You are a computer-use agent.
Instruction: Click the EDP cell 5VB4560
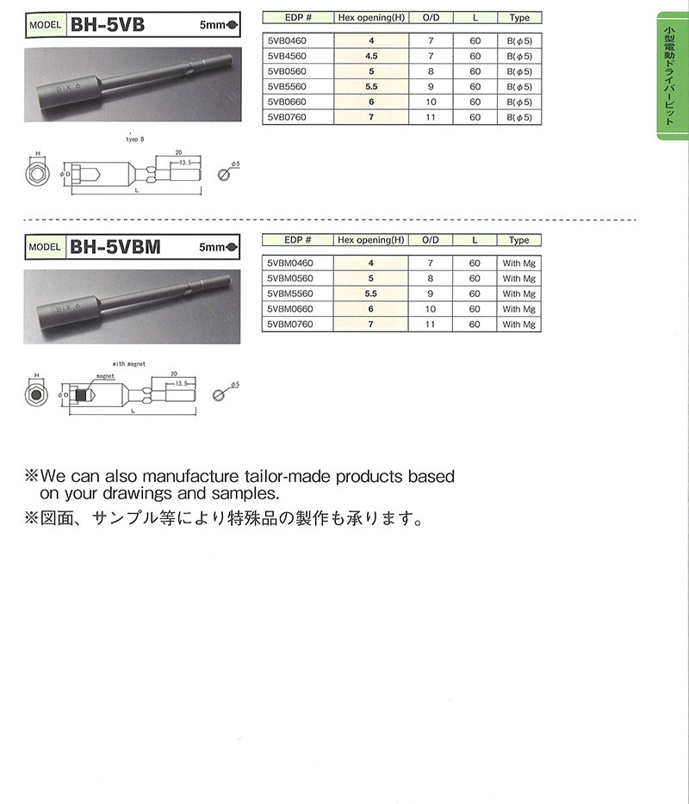[287, 56]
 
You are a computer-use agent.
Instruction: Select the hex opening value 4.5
[371, 56]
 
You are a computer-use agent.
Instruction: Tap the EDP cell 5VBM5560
[290, 294]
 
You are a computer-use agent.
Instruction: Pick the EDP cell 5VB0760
[287, 117]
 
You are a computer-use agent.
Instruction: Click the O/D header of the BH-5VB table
[431, 17]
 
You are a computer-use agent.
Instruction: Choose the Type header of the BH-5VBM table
[518, 240]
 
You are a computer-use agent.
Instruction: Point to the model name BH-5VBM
[115, 247]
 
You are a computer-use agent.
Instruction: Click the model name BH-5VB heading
[108, 25]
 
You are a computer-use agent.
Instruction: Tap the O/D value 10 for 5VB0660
[431, 102]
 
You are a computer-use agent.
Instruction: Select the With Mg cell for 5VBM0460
[518, 263]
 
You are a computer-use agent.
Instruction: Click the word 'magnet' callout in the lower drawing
[105, 376]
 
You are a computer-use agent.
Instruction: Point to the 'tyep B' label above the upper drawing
[135, 139]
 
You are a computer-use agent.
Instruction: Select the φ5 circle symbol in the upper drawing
[223, 175]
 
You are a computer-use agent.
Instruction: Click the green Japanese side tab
[673, 76]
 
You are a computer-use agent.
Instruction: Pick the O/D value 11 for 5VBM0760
[430, 325]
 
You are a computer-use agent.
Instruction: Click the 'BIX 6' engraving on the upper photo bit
[68, 88]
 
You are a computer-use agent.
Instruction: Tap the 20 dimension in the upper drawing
[178, 152]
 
